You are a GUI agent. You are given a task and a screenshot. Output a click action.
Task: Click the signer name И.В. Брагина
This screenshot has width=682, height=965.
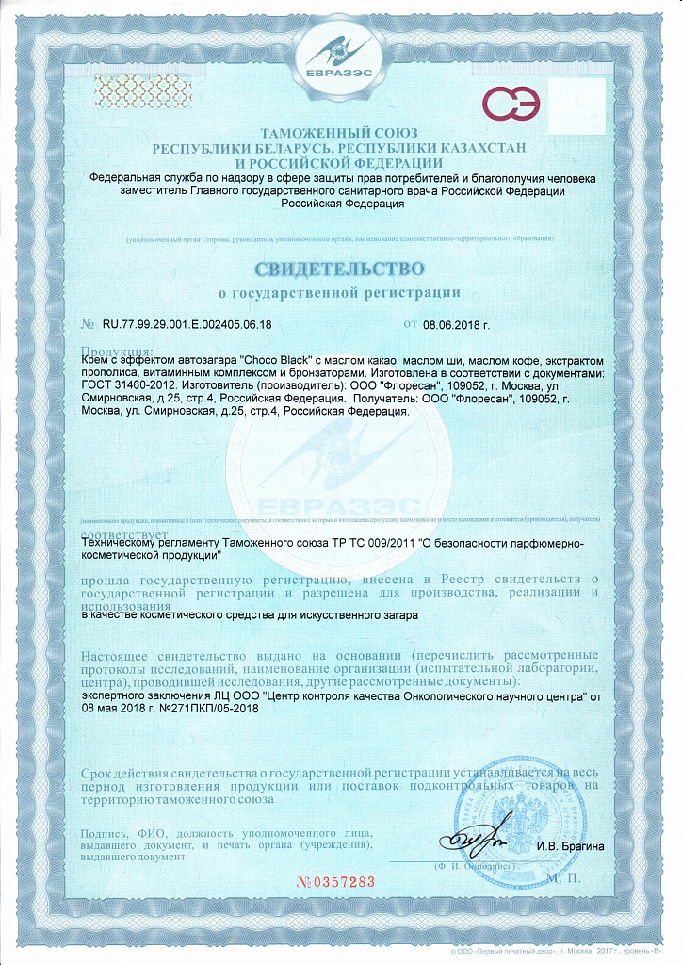(x=570, y=845)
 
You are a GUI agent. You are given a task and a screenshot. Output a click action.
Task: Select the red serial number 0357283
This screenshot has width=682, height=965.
(x=341, y=882)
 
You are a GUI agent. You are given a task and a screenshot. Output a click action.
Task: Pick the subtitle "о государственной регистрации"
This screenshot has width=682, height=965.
(x=340, y=292)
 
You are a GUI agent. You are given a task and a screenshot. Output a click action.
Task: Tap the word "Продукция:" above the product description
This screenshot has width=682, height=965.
(x=111, y=351)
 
